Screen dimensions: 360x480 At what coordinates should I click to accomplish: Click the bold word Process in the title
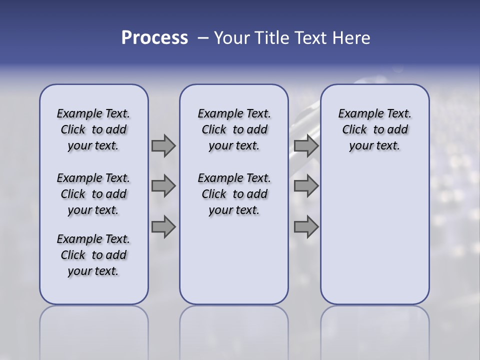[154, 38]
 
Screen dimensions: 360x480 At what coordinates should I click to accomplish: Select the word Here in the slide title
[351, 38]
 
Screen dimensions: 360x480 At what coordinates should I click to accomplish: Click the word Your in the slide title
[232, 38]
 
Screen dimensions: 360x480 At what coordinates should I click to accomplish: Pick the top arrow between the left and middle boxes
[163, 145]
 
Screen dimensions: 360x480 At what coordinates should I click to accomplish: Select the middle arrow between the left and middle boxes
[163, 186]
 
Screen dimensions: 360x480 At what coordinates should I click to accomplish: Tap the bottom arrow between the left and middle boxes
[163, 227]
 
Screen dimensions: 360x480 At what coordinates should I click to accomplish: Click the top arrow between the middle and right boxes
[306, 145]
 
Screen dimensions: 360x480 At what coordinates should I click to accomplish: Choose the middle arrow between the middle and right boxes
[306, 186]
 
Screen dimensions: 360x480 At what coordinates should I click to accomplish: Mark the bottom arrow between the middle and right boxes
[306, 227]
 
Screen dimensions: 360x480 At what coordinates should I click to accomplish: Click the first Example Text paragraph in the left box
[93, 129]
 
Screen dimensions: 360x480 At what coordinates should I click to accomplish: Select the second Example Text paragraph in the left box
[93, 194]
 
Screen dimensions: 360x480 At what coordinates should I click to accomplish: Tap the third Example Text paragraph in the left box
[93, 255]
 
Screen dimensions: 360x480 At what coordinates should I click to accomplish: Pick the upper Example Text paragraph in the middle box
[234, 129]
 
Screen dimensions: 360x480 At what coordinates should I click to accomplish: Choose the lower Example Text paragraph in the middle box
[234, 194]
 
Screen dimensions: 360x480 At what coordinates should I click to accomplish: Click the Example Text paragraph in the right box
[374, 129]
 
